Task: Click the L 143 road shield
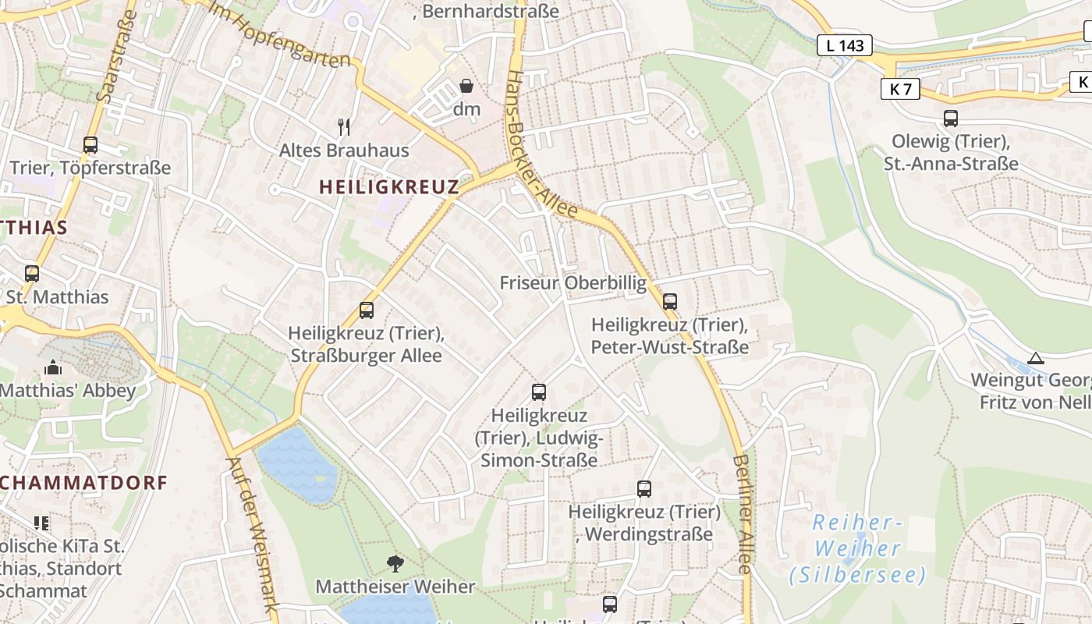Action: coord(846,45)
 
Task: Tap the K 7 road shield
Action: coord(900,89)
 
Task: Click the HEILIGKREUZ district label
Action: coord(388,186)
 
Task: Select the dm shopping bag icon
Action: coord(466,85)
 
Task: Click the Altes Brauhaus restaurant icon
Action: coord(343,126)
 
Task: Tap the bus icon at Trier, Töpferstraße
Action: coord(90,144)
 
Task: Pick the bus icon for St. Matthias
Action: coord(32,274)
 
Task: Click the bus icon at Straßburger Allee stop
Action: coord(367,310)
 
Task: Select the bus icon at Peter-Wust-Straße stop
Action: coord(669,301)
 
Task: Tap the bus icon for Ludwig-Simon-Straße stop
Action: coord(538,392)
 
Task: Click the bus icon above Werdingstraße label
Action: coord(643,489)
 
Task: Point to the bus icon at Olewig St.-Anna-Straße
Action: coord(950,119)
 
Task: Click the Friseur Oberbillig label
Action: coord(573,282)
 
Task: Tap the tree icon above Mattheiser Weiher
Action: coord(395,562)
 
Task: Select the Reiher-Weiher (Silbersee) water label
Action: coord(857,548)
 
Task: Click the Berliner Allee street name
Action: coord(743,515)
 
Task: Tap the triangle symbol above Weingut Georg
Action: coord(1035,358)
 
